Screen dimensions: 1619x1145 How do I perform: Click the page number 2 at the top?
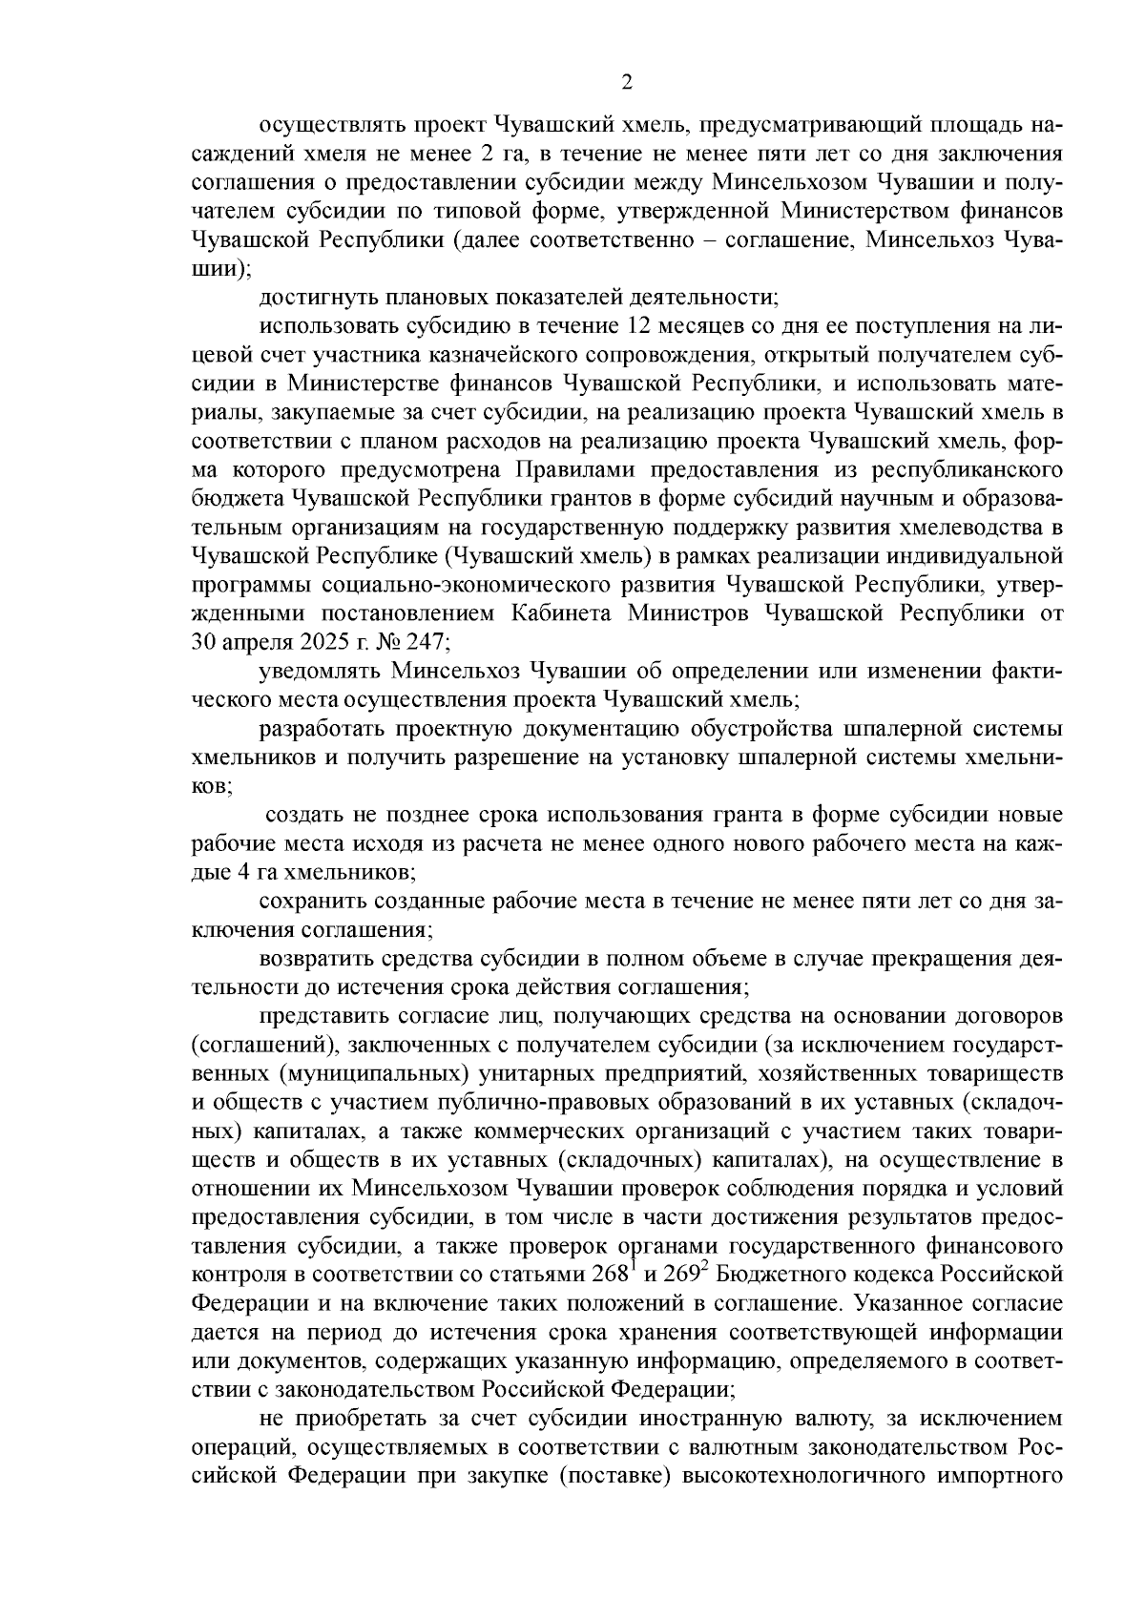pyautogui.click(x=626, y=83)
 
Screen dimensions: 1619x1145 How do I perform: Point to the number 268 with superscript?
pyautogui.click(x=591, y=1277)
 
